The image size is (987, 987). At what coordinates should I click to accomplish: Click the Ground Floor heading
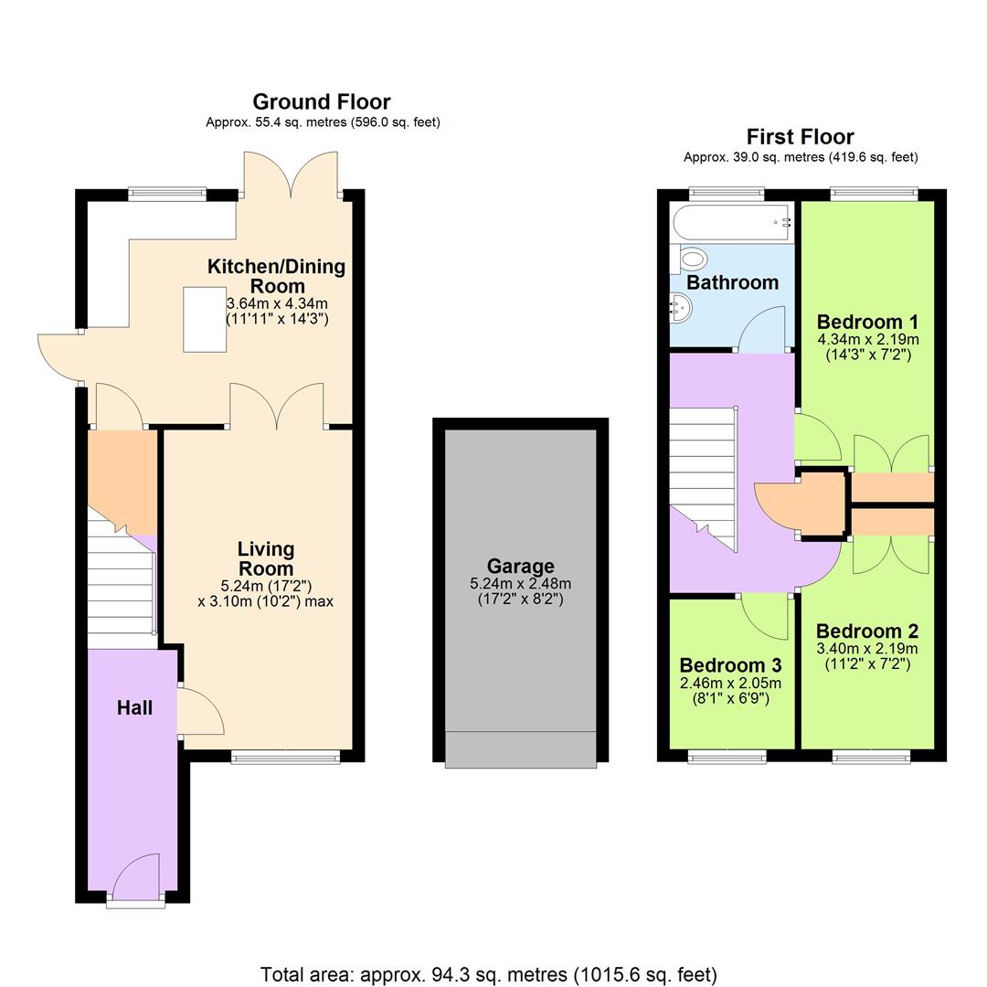click(x=321, y=101)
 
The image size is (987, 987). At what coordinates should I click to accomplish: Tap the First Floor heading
click(x=800, y=137)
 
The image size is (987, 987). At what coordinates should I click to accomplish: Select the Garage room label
click(x=520, y=566)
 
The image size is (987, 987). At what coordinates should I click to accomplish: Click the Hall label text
click(x=134, y=707)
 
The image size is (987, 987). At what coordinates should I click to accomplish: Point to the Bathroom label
click(x=732, y=282)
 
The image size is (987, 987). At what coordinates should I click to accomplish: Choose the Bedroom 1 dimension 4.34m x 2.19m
click(x=867, y=339)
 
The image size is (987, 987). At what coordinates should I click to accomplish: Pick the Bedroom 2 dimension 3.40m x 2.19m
click(x=867, y=648)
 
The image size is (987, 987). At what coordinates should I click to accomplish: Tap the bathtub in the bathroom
click(x=731, y=221)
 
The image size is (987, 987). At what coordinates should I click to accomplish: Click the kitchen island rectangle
click(x=205, y=319)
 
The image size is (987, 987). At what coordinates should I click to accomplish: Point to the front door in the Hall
click(x=137, y=876)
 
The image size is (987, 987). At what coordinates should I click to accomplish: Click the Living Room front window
click(x=285, y=757)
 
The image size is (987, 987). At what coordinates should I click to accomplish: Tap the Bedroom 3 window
click(x=726, y=756)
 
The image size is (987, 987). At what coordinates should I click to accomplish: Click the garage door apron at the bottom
click(x=520, y=749)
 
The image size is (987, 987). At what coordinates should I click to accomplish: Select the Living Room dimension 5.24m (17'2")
click(x=265, y=585)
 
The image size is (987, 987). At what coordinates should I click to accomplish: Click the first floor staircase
click(x=704, y=475)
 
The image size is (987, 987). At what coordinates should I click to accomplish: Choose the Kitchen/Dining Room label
click(x=276, y=276)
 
